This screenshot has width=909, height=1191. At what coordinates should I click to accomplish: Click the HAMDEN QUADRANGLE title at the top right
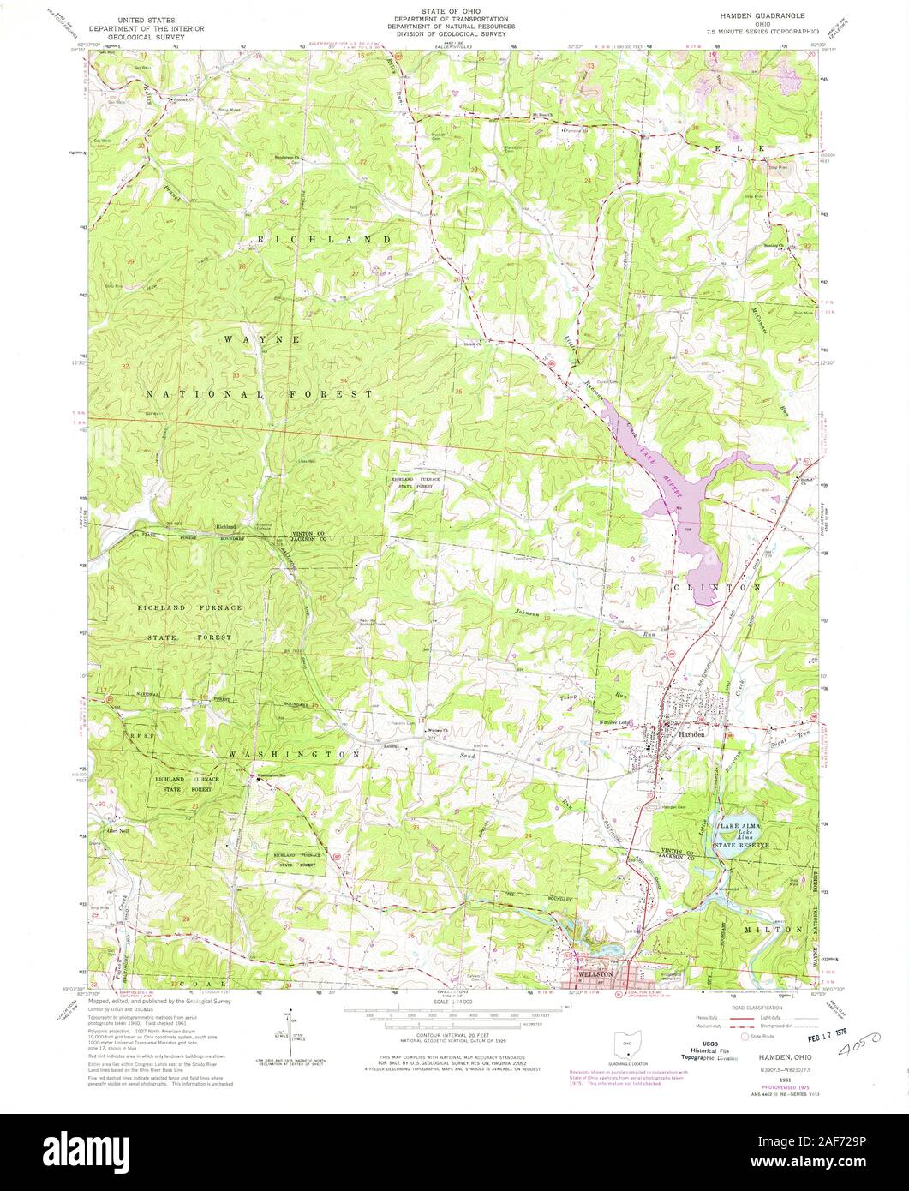point(763,17)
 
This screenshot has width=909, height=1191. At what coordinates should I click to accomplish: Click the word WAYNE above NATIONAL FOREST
point(261,339)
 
